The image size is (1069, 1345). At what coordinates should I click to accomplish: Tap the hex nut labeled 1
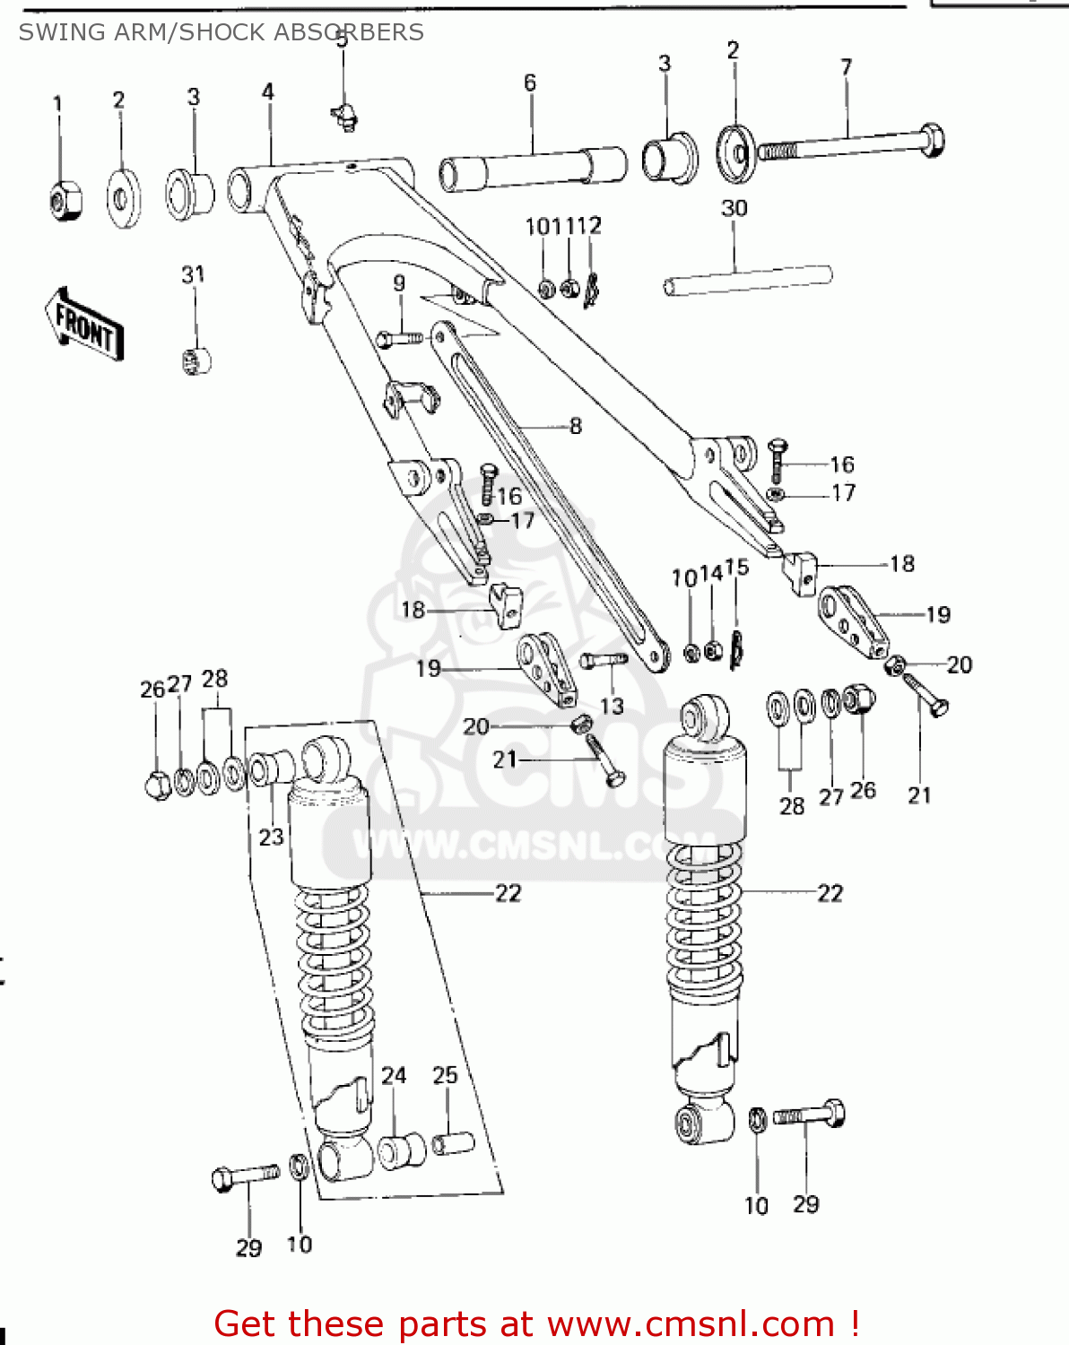pyautogui.click(x=65, y=198)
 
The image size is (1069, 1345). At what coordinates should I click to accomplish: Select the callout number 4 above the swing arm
pyautogui.click(x=268, y=91)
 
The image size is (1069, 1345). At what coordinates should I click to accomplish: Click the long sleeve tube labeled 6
pyautogui.click(x=533, y=169)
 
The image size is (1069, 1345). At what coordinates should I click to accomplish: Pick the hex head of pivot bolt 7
pyautogui.click(x=931, y=141)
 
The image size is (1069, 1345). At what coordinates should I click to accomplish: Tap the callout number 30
pyautogui.click(x=734, y=208)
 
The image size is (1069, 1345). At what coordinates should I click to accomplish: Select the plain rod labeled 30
pyautogui.click(x=747, y=280)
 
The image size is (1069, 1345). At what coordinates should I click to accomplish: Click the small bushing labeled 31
pyautogui.click(x=196, y=360)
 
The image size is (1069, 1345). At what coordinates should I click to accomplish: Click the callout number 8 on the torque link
pyautogui.click(x=575, y=426)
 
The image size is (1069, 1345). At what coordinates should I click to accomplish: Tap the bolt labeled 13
pyautogui.click(x=604, y=661)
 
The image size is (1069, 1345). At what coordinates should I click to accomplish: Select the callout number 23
pyautogui.click(x=271, y=837)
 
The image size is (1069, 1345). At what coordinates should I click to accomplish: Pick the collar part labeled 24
pyautogui.click(x=401, y=1150)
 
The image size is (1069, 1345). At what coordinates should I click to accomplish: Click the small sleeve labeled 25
pyautogui.click(x=453, y=1142)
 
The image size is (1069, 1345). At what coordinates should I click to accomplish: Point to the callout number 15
pyautogui.click(x=737, y=568)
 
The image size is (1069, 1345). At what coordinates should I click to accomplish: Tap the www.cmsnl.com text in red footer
pyautogui.click(x=691, y=1323)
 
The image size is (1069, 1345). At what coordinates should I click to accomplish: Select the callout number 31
pyautogui.click(x=193, y=274)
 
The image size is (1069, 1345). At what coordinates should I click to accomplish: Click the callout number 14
pyautogui.click(x=711, y=573)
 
